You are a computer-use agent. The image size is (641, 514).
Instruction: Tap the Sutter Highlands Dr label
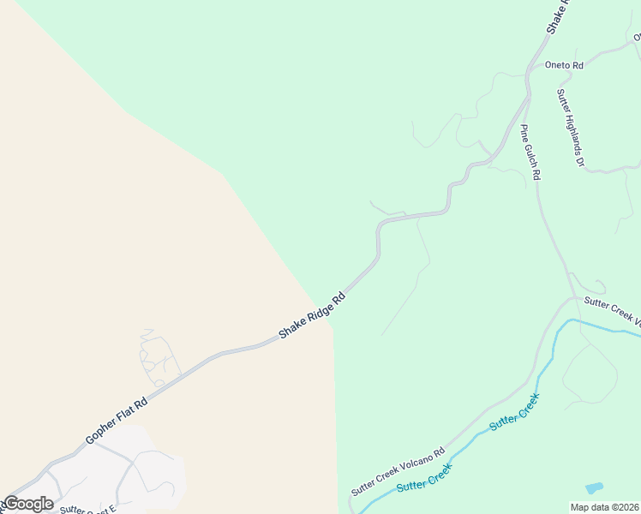[570, 128]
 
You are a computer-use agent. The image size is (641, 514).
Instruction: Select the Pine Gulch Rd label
[531, 152]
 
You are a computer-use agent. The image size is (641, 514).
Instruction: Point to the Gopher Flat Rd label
[117, 421]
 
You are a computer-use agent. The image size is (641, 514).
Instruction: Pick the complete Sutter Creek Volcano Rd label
[398, 472]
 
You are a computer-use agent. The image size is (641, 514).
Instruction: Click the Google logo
[28, 504]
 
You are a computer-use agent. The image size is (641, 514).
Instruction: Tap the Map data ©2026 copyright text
[605, 507]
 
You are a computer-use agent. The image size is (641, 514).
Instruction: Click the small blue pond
[594, 488]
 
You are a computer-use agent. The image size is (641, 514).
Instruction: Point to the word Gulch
[531, 152]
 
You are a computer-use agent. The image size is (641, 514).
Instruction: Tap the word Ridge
[316, 312]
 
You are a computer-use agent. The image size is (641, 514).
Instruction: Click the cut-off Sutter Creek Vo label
[612, 309]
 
